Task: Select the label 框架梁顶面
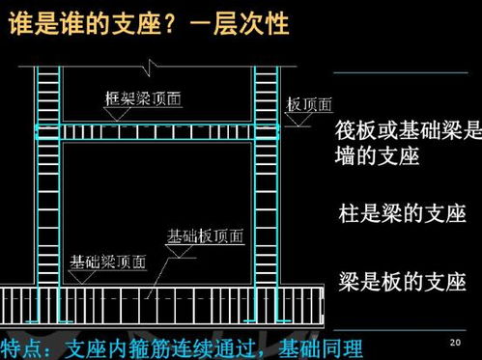tap(144, 98)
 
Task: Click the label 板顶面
tap(309, 104)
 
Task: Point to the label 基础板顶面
tap(206, 235)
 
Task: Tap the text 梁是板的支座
tap(402, 281)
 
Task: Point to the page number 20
tap(455, 343)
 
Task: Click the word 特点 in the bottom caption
tap(26, 346)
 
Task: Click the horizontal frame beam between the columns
tap(158, 131)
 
